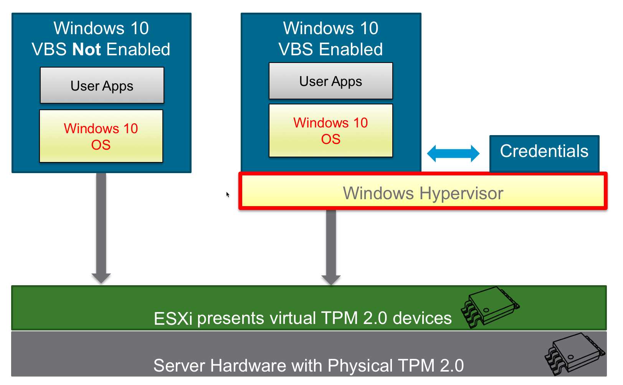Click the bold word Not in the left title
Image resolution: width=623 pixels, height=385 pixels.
coord(87,50)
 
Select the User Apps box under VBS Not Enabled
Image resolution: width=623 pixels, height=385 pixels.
coord(102,86)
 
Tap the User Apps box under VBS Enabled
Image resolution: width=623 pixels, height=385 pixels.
coord(331,81)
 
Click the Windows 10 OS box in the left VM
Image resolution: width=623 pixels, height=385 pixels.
coord(101,136)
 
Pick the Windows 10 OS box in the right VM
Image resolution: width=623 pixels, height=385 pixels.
coord(331,131)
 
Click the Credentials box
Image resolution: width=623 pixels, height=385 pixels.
coord(544,152)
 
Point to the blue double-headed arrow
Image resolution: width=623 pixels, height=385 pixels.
coord(453,154)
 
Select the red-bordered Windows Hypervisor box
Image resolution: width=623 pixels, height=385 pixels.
coord(423,191)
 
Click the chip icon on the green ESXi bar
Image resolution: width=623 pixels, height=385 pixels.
coord(490,307)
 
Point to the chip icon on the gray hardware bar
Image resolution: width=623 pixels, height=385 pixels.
coord(574,354)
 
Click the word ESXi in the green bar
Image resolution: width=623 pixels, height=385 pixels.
coord(173,319)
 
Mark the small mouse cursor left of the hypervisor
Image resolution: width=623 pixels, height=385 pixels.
coord(228,195)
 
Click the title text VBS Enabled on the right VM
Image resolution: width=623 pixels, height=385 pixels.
coord(331,50)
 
